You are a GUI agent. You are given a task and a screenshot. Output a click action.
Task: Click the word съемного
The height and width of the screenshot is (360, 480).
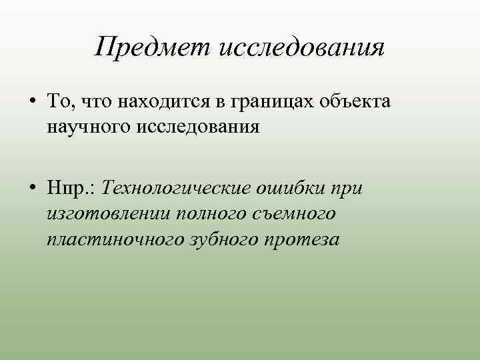pyautogui.click(x=297, y=213)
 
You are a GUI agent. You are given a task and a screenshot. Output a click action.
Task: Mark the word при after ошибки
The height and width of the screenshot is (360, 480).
pyautogui.click(x=348, y=188)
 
